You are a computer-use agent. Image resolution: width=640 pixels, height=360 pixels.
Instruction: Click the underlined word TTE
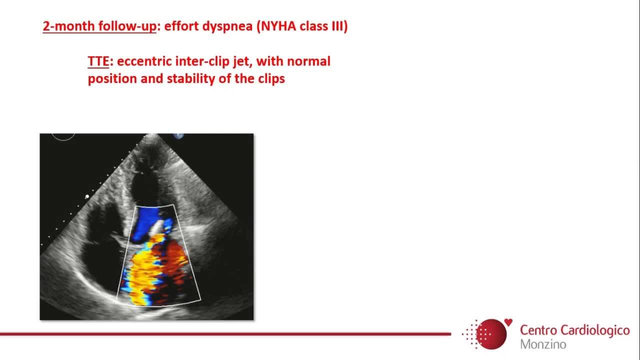click(x=98, y=61)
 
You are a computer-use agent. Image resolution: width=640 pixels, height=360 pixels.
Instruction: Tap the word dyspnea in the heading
click(x=227, y=26)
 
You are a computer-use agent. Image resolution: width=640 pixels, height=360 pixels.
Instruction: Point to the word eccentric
click(x=144, y=61)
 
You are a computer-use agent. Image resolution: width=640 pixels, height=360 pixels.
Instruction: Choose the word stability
click(x=191, y=79)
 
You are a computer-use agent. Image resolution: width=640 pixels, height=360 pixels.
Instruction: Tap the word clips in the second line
click(x=271, y=79)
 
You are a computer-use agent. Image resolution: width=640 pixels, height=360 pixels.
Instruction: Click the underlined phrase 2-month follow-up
click(x=99, y=26)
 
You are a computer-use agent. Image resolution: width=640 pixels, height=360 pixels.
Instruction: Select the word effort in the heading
click(x=181, y=26)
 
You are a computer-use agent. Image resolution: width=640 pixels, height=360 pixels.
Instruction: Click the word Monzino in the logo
click(x=543, y=344)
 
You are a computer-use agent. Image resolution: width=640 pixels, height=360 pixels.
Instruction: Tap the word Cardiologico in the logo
click(x=595, y=330)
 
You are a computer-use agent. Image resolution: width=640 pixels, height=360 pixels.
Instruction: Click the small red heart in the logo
click(x=508, y=322)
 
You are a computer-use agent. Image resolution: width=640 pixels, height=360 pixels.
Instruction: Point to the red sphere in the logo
click(x=491, y=334)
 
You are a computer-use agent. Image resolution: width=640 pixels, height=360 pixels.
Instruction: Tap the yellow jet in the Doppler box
click(x=143, y=268)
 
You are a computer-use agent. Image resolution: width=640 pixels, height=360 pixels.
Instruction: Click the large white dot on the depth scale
click(x=87, y=196)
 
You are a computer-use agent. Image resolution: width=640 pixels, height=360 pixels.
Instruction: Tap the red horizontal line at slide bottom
click(x=225, y=333)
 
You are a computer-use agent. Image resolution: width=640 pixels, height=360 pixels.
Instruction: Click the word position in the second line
click(x=112, y=79)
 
